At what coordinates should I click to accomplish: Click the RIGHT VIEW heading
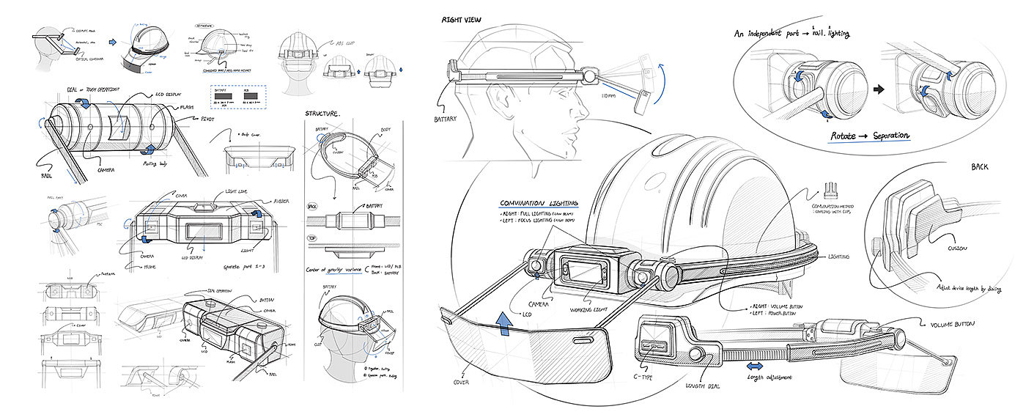461,20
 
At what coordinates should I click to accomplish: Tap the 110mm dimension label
609,96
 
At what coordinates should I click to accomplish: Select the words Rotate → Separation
870,136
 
